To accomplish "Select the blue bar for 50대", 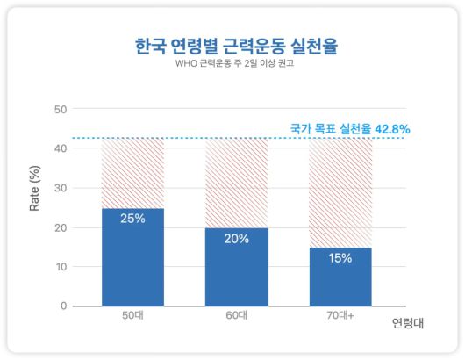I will (x=132, y=263).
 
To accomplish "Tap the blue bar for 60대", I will (x=236, y=272).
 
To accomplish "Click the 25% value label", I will (x=132, y=219).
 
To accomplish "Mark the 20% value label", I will (x=236, y=238).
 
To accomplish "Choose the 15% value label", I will (x=340, y=257).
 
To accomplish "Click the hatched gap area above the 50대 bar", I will (x=132, y=173).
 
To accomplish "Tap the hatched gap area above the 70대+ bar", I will (x=340, y=192).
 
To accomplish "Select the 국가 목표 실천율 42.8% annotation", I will (x=350, y=128).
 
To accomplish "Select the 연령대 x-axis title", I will (x=409, y=322).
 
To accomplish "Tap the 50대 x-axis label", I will (x=132, y=316).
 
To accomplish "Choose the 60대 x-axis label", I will (x=236, y=316).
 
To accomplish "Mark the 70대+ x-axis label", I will (x=340, y=316).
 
